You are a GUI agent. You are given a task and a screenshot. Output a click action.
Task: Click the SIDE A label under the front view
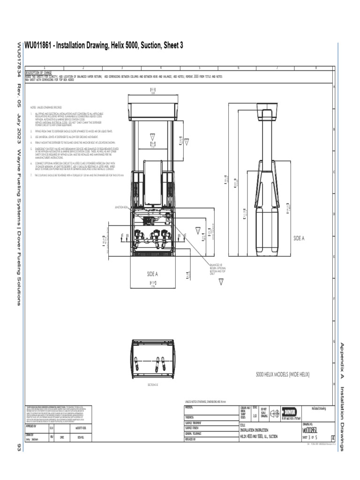[x=153, y=274]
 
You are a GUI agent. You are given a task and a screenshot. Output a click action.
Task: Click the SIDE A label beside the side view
[x=299, y=238]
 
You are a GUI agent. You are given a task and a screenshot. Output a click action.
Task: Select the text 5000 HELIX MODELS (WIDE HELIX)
[x=283, y=374]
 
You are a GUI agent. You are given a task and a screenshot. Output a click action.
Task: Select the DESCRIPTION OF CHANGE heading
[x=38, y=73]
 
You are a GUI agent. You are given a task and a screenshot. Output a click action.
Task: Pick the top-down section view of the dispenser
[x=153, y=359]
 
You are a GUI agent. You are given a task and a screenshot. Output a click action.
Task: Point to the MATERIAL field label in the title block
[x=189, y=408]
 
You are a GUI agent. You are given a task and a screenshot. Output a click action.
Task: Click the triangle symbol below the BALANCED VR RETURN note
[x=221, y=281]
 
